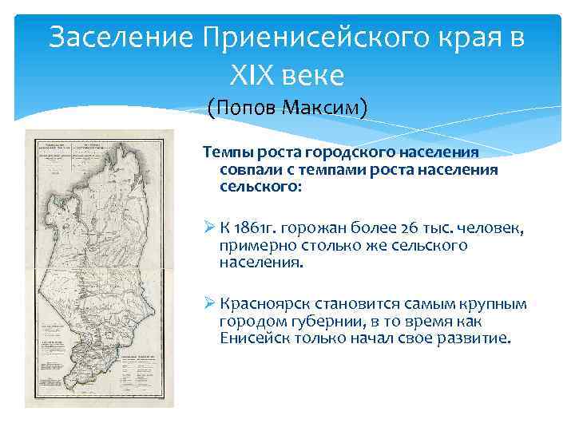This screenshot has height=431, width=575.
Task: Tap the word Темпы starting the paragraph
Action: (227, 152)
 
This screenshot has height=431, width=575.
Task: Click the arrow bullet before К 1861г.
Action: (210, 230)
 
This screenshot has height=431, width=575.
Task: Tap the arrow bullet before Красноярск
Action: (210, 306)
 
